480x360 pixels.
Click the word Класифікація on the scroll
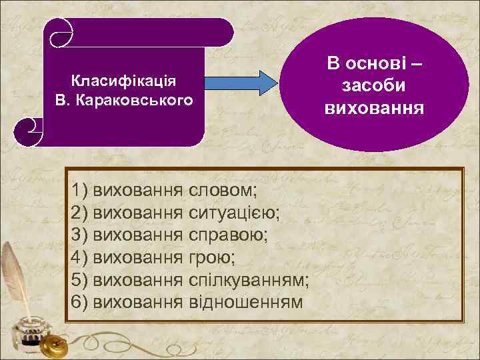click(x=123, y=82)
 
